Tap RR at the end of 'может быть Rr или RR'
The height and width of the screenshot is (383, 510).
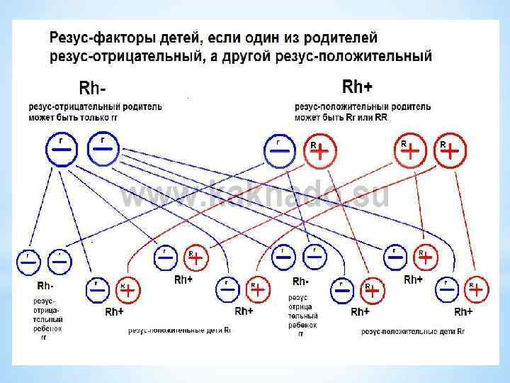point(380,116)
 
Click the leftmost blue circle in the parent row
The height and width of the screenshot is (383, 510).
point(61,150)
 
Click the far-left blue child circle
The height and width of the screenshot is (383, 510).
point(29,261)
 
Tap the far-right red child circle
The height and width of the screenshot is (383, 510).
point(476,289)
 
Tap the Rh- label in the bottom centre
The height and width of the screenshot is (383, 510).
point(300,282)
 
